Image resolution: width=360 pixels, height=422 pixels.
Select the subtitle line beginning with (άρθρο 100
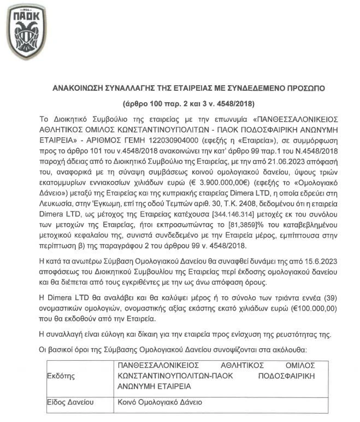[x=181, y=103]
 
